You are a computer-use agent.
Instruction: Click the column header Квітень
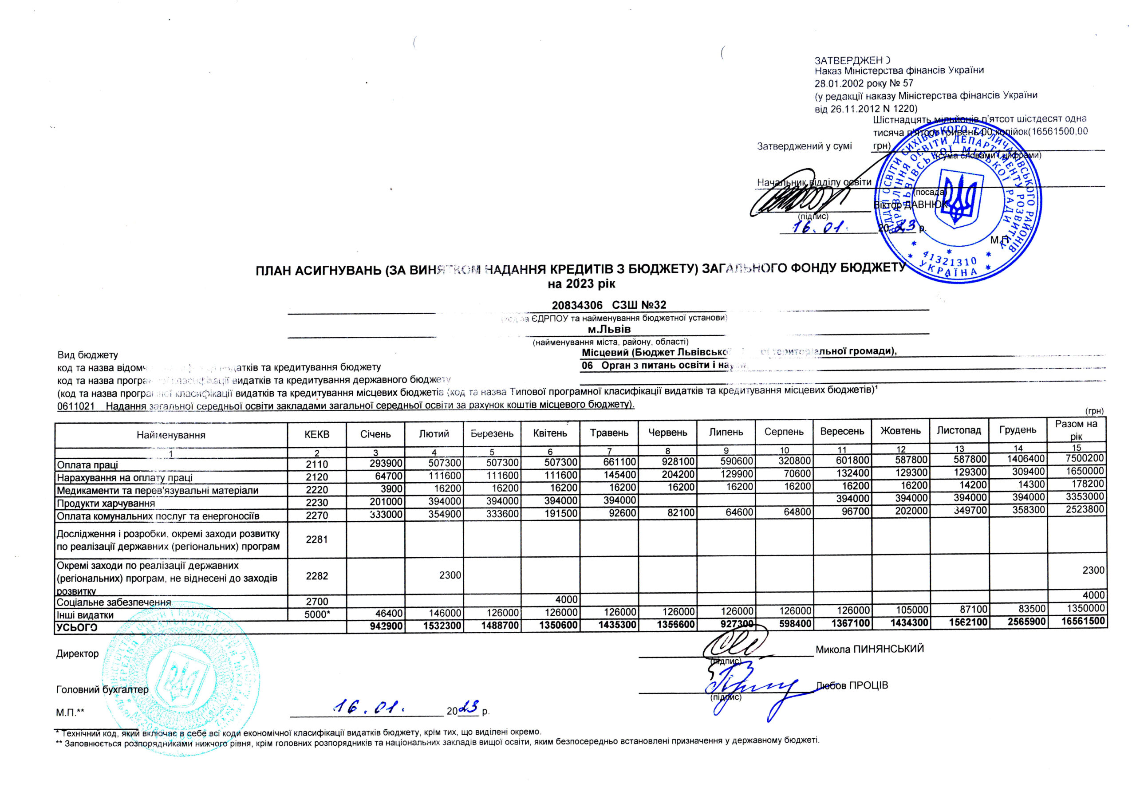pyautogui.click(x=550, y=433)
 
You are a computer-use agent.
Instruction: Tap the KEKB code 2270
pyautogui.click(x=317, y=516)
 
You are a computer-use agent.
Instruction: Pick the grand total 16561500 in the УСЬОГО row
pyautogui.click(x=1083, y=621)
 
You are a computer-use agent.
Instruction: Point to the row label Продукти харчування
pyautogui.click(x=106, y=503)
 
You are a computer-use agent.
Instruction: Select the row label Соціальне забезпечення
pyautogui.click(x=114, y=602)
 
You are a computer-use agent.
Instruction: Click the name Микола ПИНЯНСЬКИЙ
pyautogui.click(x=869, y=649)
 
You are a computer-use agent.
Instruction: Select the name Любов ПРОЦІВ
pyautogui.click(x=852, y=685)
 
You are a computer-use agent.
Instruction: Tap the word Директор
pyautogui.click(x=77, y=653)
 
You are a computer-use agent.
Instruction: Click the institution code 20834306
pyautogui.click(x=577, y=305)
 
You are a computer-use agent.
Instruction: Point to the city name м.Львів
pyautogui.click(x=609, y=330)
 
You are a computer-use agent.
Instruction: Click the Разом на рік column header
pyautogui.click(x=1076, y=430)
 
